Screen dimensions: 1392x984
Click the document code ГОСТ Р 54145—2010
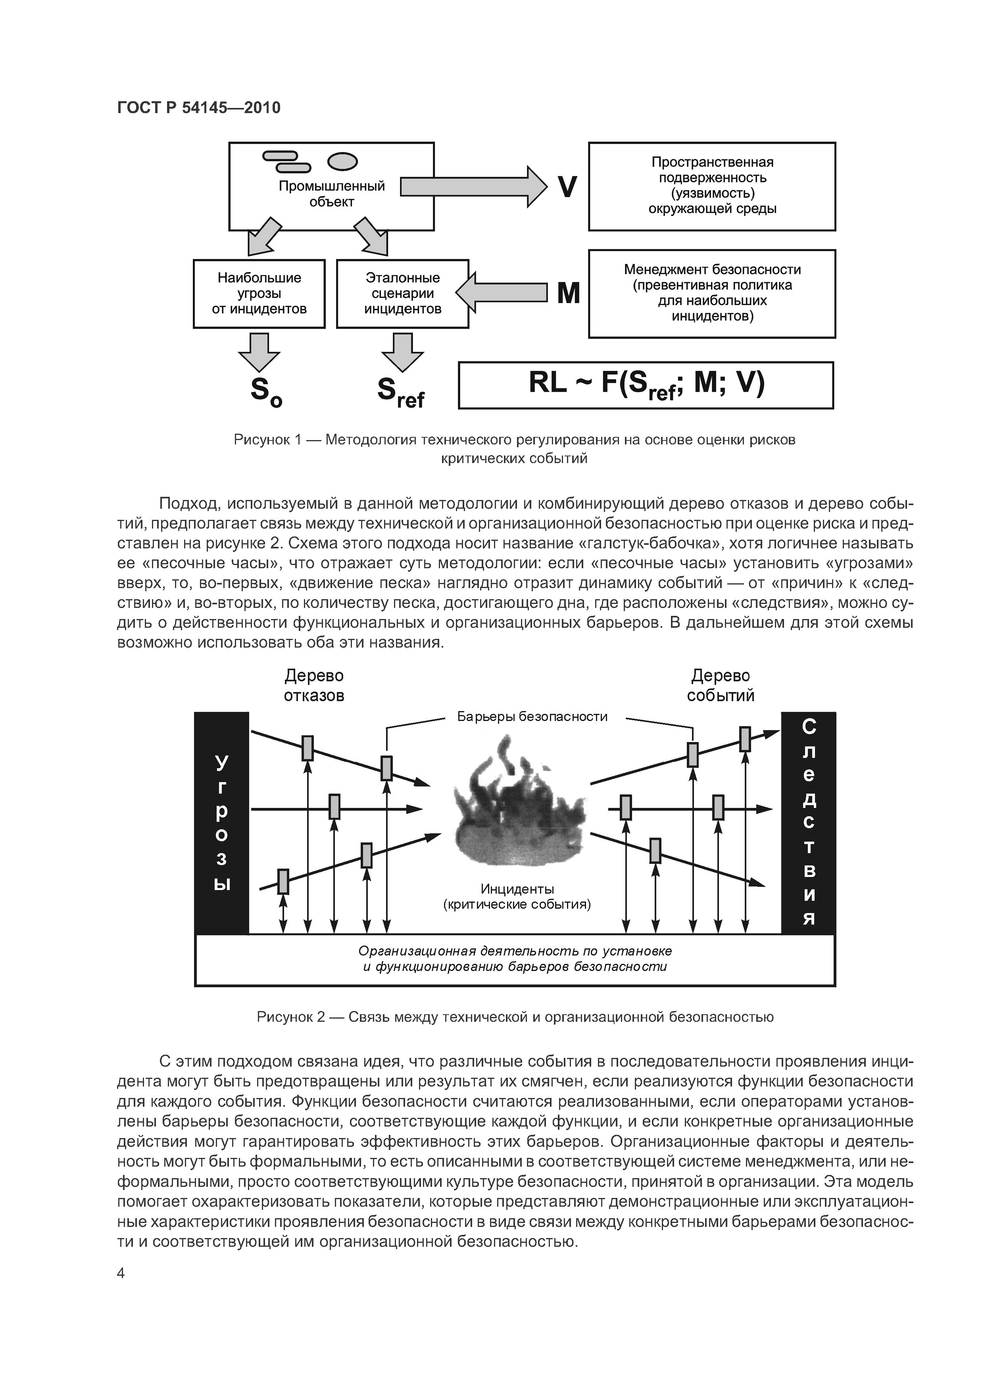199,108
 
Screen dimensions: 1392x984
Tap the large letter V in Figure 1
567,187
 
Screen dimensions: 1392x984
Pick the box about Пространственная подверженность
712,186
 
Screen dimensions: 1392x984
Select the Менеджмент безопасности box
712,293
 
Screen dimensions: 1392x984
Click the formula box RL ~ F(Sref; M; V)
646,385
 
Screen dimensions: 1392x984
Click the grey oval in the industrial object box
342,161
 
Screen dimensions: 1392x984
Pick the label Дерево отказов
314,685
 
